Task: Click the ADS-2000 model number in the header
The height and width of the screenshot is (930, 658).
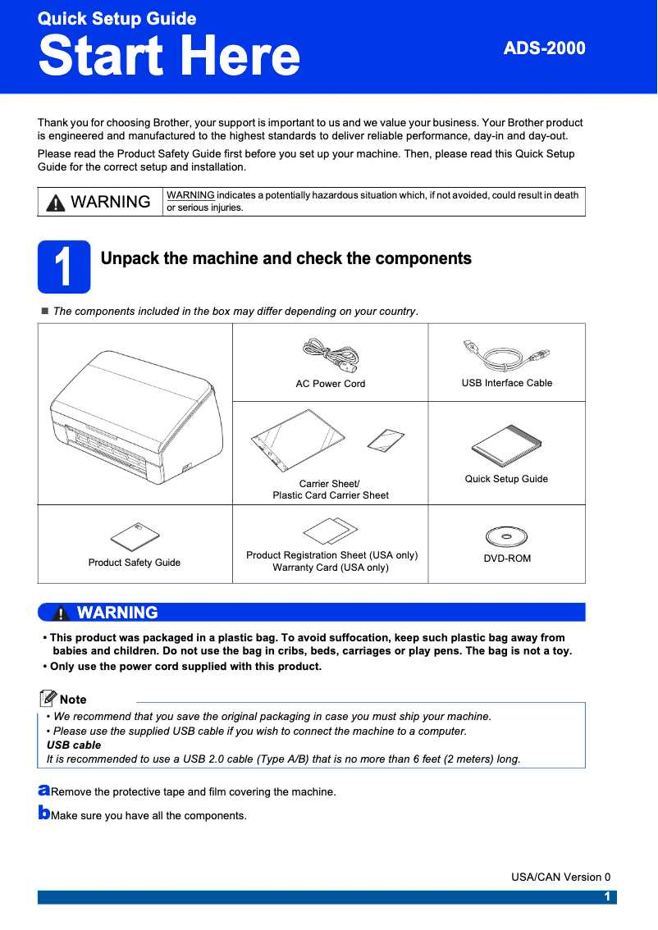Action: [544, 48]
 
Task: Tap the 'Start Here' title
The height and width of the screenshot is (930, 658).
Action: [169, 56]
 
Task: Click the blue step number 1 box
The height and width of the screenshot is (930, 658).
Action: [64, 267]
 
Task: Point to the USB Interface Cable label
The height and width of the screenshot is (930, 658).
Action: [506, 383]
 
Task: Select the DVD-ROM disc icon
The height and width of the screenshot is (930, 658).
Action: [506, 537]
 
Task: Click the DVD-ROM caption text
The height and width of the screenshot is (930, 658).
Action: [506, 558]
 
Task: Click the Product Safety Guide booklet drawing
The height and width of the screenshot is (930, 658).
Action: [135, 536]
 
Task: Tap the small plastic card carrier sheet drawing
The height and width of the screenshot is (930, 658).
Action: [386, 440]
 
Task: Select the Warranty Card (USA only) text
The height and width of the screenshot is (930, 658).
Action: [331, 568]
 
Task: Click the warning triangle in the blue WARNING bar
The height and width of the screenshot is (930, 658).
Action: [61, 613]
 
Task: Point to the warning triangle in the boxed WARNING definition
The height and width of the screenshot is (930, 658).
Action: [56, 203]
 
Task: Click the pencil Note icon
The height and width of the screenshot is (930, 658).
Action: [48, 699]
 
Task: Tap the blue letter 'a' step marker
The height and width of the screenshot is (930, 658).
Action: [43, 791]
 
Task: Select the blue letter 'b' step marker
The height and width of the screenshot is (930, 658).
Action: [43, 814]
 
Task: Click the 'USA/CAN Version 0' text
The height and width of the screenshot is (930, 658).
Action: [560, 877]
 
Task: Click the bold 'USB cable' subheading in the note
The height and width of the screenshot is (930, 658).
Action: [74, 745]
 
